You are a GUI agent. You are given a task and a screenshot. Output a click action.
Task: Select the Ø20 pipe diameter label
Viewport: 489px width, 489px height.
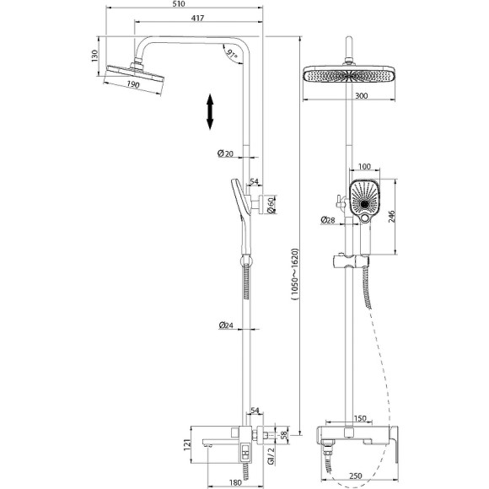point(225,153)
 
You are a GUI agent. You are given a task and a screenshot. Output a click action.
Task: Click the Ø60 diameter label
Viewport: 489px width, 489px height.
point(269,202)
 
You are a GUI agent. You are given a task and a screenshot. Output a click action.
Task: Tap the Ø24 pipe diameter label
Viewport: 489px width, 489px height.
point(225,326)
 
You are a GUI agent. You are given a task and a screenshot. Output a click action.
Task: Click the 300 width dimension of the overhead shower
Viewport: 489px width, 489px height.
point(361,97)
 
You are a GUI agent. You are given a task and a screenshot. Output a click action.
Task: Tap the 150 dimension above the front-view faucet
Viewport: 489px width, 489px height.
point(360,418)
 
